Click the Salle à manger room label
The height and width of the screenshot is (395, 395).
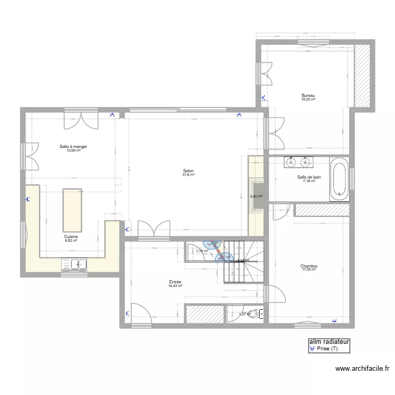pos(73,146)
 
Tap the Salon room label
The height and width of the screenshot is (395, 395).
pos(188,171)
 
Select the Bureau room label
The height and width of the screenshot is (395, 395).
pos(308,95)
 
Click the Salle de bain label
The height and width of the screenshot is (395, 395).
pos(309,177)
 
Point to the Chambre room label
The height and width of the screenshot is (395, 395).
pos(309,266)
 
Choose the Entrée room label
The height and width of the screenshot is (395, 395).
pos(175,282)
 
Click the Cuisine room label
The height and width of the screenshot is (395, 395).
pos(71,237)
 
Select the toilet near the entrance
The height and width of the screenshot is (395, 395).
pos(255,314)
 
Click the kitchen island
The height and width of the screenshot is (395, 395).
pos(72,208)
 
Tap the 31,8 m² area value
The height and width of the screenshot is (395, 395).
pos(189,175)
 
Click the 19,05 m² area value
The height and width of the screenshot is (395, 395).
pos(308,99)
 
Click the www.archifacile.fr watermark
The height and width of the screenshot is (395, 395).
pos(363,370)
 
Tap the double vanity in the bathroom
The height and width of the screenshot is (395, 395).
pos(298,162)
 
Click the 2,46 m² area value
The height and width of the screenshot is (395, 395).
pos(256,196)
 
